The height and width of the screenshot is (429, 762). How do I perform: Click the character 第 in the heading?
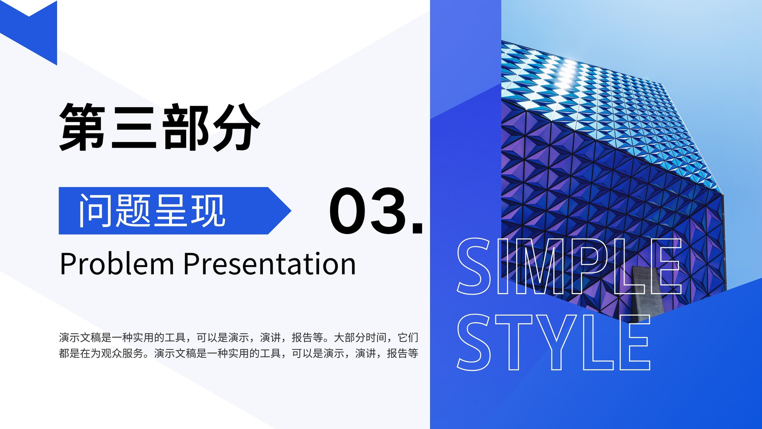pyautogui.click(x=82, y=127)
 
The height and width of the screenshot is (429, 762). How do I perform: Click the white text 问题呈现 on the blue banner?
pyautogui.click(x=152, y=211)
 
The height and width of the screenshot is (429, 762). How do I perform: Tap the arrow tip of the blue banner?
pyautogui.click(x=291, y=211)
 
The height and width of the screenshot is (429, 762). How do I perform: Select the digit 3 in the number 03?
pyautogui.click(x=389, y=211)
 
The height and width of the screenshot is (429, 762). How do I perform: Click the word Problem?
pyautogui.click(x=117, y=264)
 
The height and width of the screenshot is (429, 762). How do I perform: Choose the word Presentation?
pyautogui.click(x=270, y=264)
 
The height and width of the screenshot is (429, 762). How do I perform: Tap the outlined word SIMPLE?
pyautogui.click(x=569, y=266)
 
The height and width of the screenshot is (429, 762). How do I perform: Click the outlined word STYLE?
pyautogui.click(x=553, y=342)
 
